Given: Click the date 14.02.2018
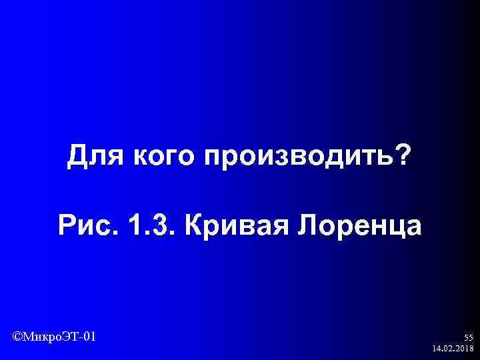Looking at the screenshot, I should pyautogui.click(x=453, y=349).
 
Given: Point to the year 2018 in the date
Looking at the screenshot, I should pyautogui.click(x=464, y=349).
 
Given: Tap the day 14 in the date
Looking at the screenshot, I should pyautogui.click(x=436, y=349).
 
